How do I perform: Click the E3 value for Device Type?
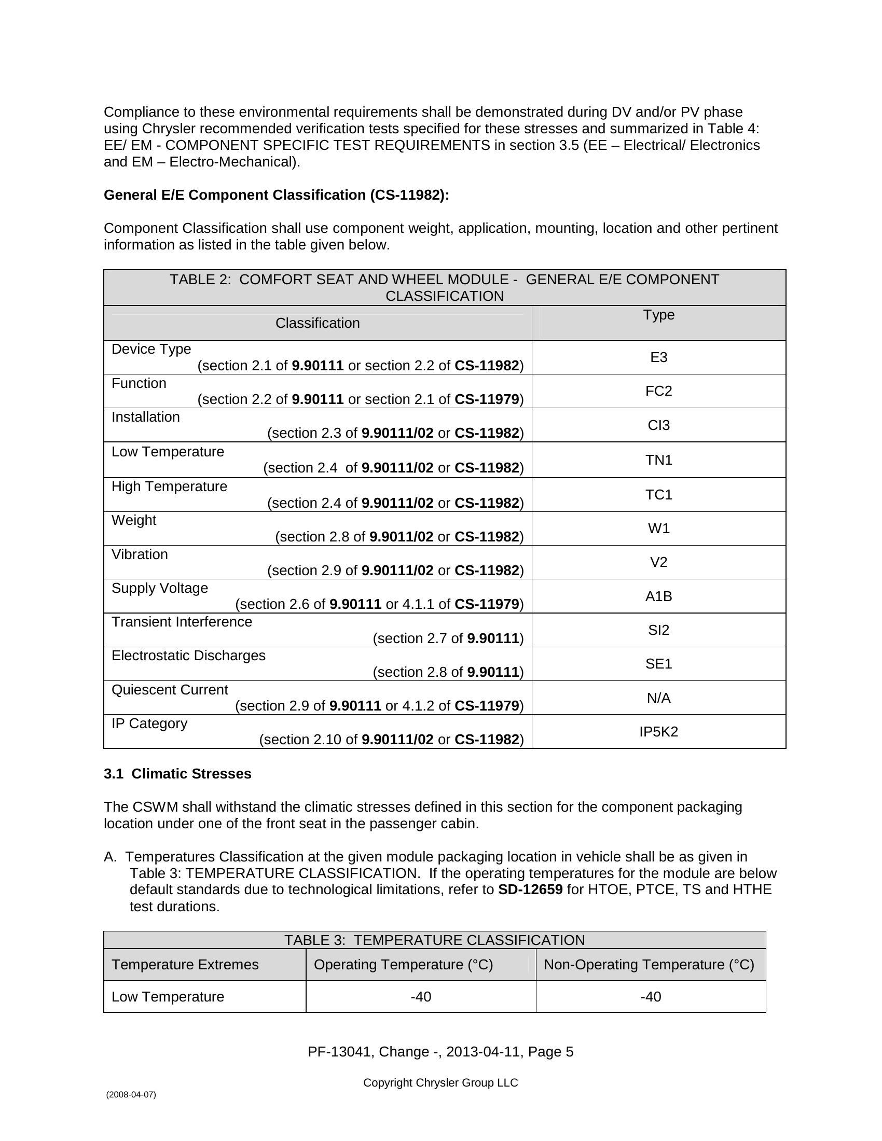point(658,357)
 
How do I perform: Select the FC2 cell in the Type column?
point(658,391)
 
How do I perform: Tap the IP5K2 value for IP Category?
point(658,731)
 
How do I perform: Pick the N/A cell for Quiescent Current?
point(658,698)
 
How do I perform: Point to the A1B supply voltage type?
point(658,596)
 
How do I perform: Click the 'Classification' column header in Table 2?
point(317,323)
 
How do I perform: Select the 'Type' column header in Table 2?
point(658,314)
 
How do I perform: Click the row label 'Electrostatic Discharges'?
point(188,656)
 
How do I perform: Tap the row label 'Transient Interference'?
point(181,622)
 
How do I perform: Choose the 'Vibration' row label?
point(140,554)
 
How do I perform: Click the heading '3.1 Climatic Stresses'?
point(177,774)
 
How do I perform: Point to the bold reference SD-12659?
point(530,889)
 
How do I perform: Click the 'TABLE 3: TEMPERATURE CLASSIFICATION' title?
point(434,940)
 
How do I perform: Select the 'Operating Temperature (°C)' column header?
point(403,965)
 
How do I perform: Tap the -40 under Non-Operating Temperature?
point(651,997)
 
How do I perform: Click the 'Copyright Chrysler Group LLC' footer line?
point(440,1082)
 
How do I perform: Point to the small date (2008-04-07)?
point(131,1094)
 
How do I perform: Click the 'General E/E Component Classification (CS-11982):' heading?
point(277,195)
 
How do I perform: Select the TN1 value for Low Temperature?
point(658,460)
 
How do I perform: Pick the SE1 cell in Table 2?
point(658,664)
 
